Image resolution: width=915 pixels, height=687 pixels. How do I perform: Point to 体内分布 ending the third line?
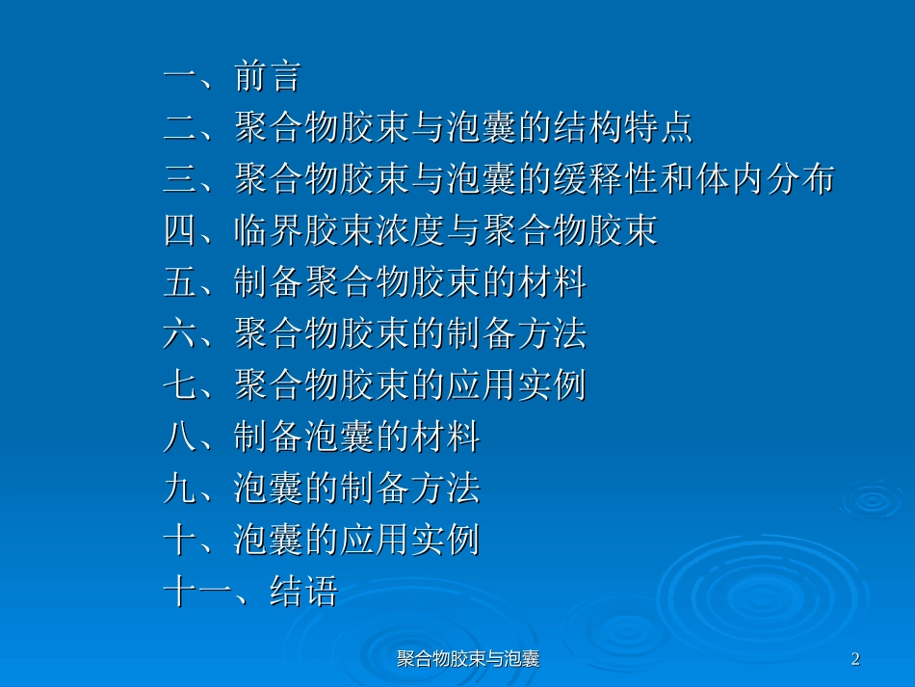coord(764,180)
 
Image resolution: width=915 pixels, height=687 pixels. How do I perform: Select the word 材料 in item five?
coord(551,283)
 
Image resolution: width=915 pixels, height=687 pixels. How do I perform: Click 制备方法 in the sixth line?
coord(515,334)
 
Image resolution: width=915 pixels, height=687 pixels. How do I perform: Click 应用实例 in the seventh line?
coord(515,386)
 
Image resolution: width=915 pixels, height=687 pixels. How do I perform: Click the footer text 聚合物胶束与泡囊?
coord(467,659)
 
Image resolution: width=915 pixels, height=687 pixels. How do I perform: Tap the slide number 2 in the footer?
coord(855,659)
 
